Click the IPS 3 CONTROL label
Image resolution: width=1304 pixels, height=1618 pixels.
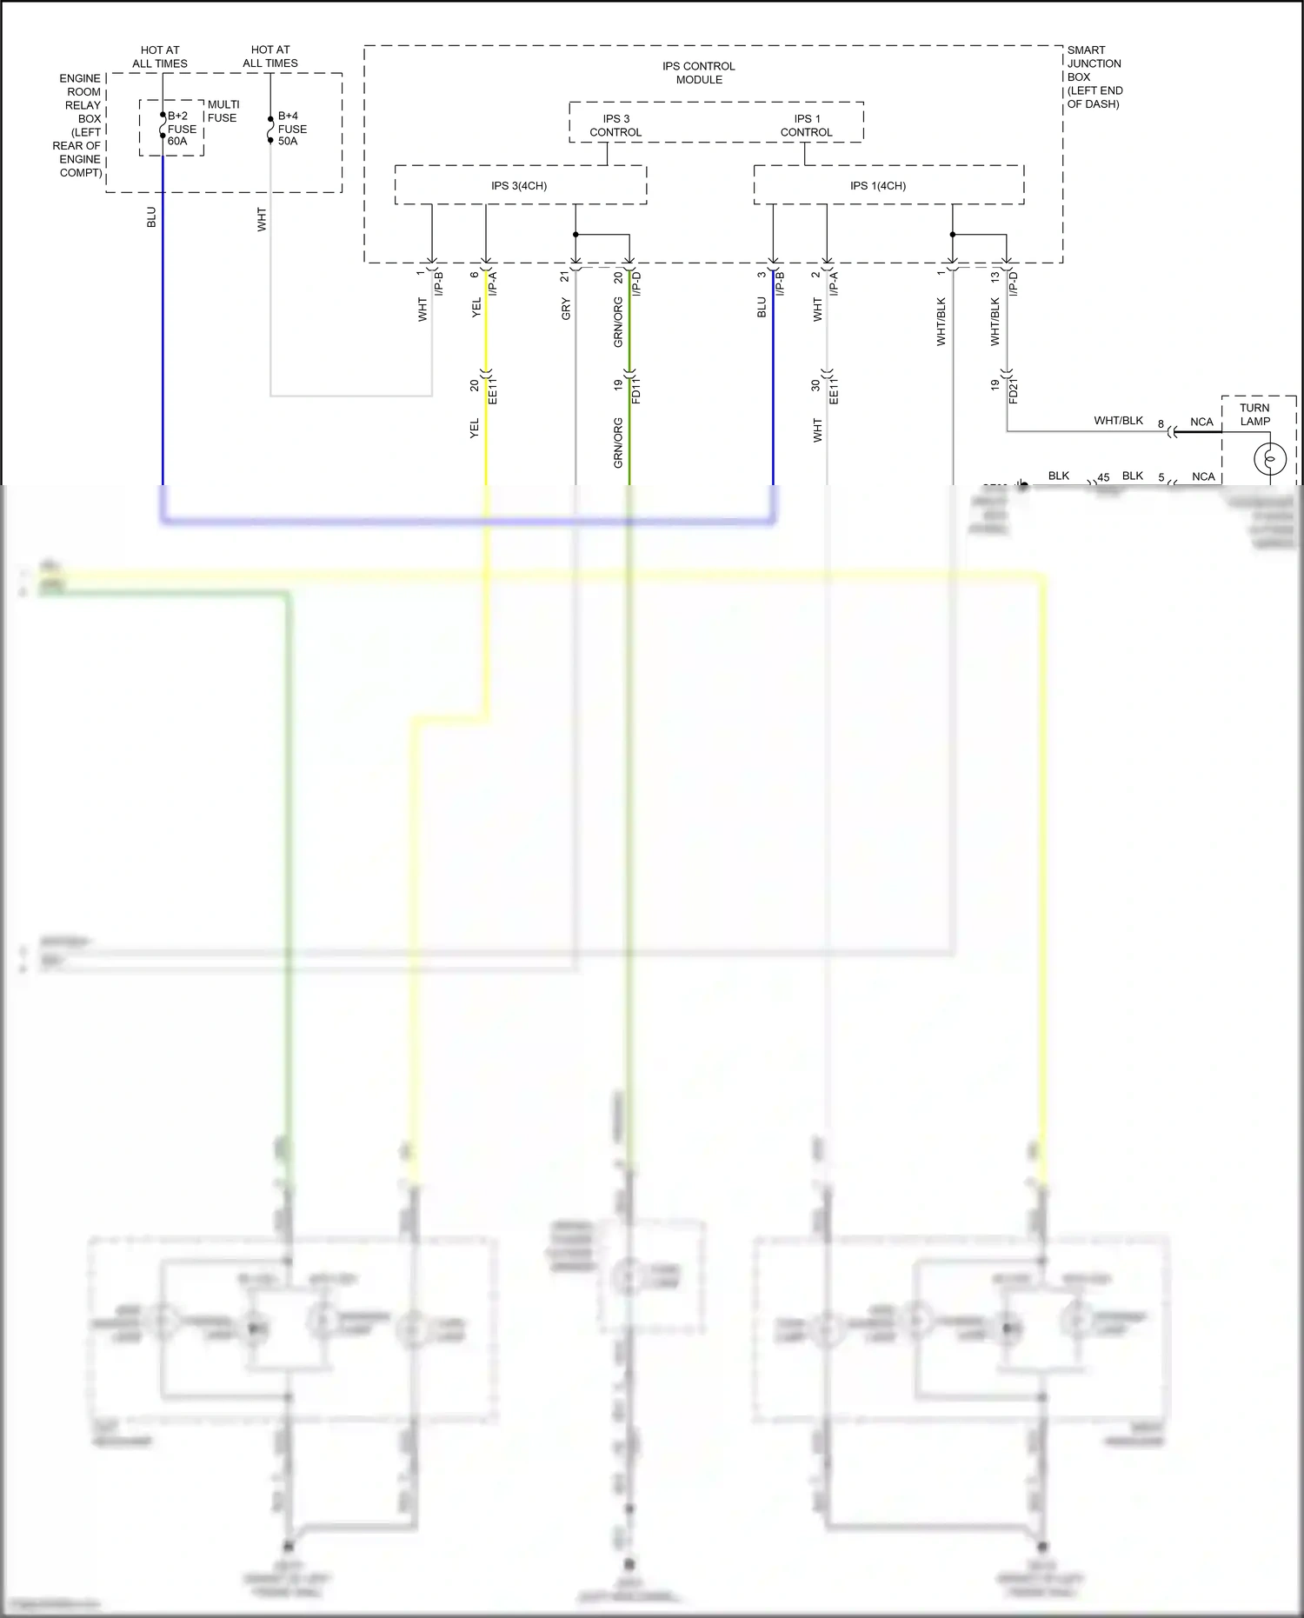615,126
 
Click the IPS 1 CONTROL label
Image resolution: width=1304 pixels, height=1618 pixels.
806,126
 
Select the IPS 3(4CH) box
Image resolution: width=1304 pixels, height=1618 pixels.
520,186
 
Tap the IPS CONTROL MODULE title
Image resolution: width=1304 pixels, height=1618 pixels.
699,73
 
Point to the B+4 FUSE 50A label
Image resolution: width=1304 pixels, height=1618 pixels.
291,129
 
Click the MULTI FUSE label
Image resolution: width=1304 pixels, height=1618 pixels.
223,111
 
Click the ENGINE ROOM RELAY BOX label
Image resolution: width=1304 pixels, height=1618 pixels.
80,125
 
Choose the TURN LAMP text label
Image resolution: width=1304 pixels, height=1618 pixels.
1254,415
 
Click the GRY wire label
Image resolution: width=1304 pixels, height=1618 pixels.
566,309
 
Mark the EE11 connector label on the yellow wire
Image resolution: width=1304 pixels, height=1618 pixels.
493,390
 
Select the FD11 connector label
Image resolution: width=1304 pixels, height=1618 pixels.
636,390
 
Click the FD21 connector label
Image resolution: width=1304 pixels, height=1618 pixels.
1014,390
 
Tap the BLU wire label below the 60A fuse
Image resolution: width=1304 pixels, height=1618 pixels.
151,217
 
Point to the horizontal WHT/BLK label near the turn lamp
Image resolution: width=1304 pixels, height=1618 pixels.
1118,421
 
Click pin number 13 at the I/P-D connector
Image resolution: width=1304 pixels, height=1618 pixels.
995,276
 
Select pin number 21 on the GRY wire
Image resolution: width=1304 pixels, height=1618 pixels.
564,276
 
